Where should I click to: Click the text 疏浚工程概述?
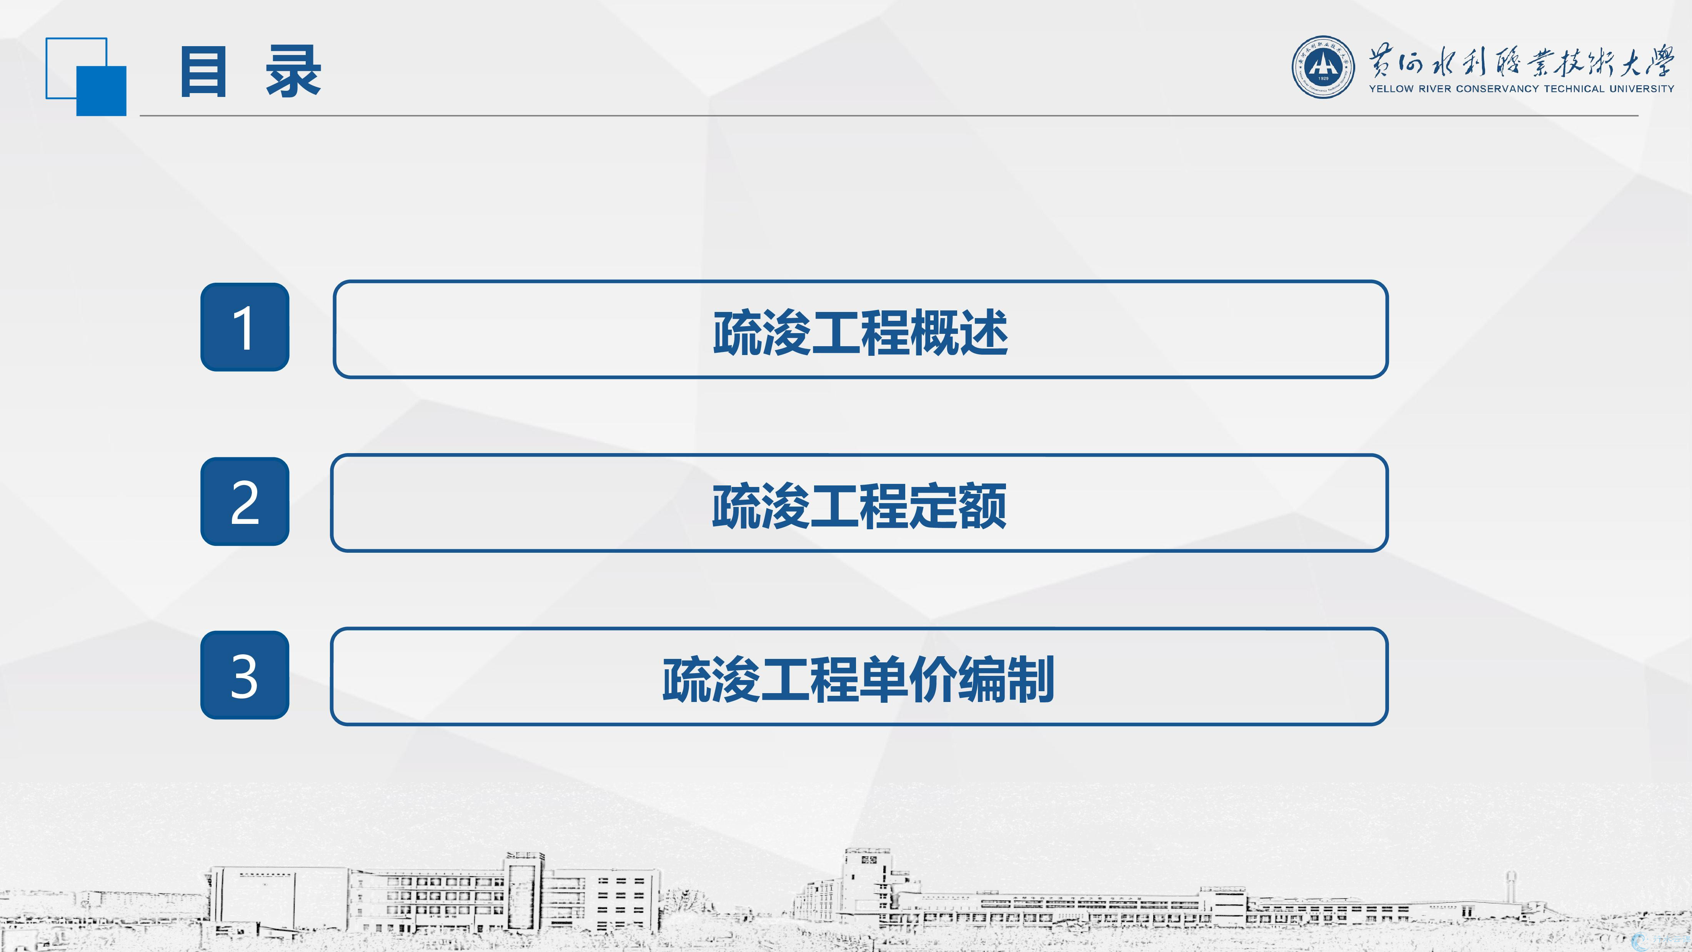(861, 333)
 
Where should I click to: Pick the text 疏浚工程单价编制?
(858, 679)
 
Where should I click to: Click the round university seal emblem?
(1323, 67)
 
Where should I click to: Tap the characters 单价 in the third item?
(908, 679)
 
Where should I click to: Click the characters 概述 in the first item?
(959, 333)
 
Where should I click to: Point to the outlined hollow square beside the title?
(76, 39)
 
